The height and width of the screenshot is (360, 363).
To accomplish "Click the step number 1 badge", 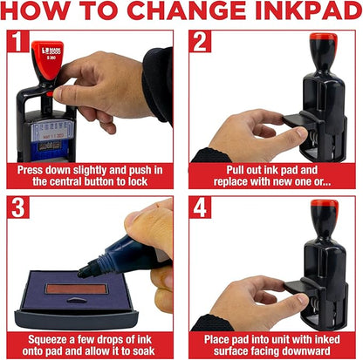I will [x=14, y=43].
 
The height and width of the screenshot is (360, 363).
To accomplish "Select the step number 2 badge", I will [x=200, y=43].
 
